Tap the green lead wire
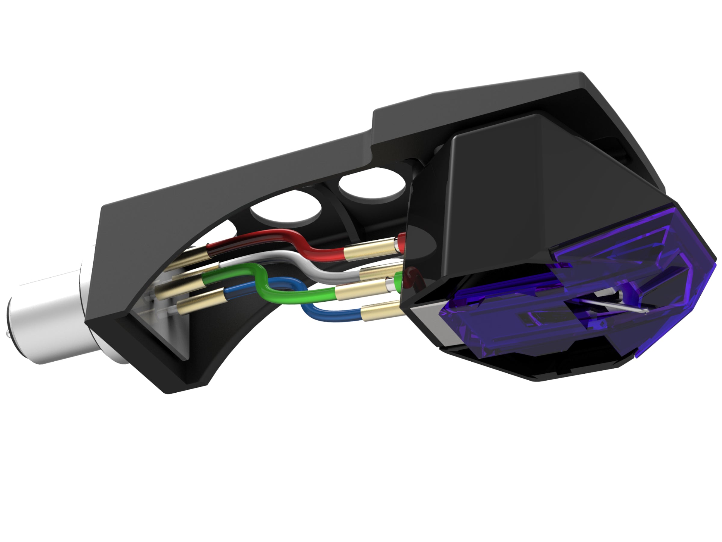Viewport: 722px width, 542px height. point(294,291)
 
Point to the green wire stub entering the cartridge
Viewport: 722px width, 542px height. point(399,280)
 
